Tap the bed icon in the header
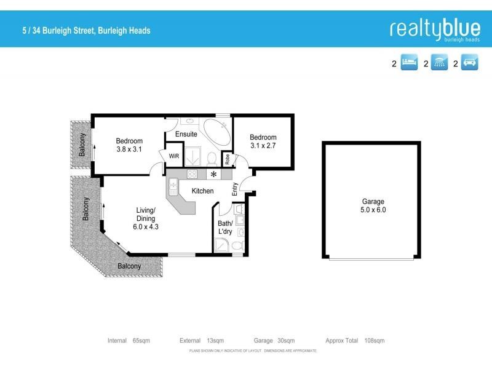tap(410, 63)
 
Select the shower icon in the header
tap(439, 63)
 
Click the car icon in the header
tap(470, 63)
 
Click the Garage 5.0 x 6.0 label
tap(373, 205)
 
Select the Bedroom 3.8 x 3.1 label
tap(129, 145)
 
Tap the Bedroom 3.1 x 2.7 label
tap(263, 141)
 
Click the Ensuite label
tap(186, 133)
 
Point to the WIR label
tap(174, 156)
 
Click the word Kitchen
tap(202, 191)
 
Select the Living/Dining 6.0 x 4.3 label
tap(146, 218)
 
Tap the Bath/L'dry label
tap(225, 228)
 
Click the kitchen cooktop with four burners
tap(191, 175)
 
